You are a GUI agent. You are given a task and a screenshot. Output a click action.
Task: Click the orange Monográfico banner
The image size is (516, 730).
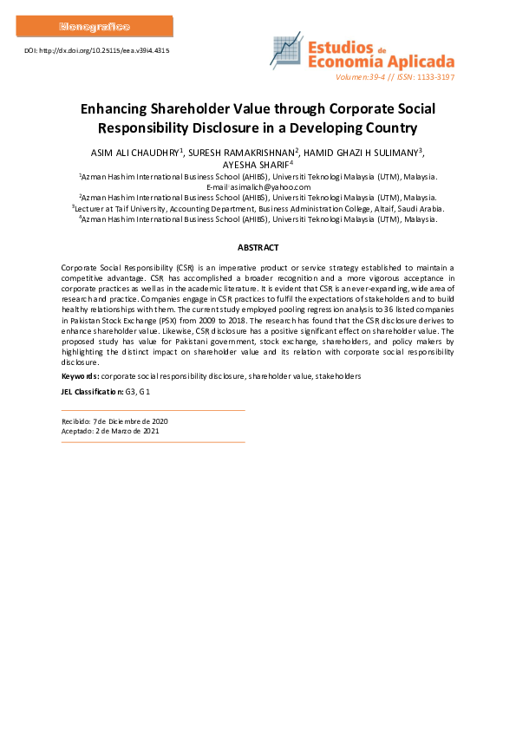point(95,26)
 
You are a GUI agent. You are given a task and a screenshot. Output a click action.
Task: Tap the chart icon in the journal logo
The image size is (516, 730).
point(286,52)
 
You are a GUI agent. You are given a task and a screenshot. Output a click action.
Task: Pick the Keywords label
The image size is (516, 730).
point(80,376)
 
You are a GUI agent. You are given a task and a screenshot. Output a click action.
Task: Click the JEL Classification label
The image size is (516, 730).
point(88,393)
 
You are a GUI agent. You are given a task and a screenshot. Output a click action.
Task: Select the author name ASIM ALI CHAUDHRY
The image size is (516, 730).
point(133,152)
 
